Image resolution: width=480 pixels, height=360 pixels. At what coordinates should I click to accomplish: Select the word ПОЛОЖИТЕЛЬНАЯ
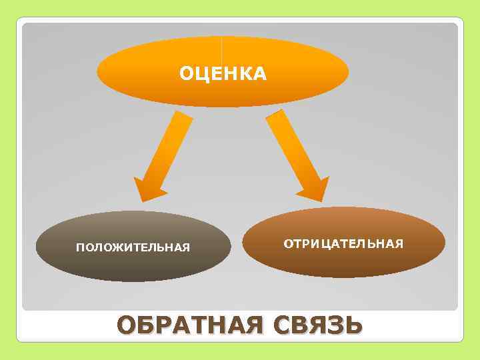pyautogui.click(x=133, y=249)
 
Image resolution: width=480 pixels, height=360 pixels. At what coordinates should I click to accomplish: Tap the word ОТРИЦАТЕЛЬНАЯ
pyautogui.click(x=343, y=243)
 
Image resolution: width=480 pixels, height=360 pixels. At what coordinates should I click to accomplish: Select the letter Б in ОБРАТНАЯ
pyautogui.click(x=148, y=327)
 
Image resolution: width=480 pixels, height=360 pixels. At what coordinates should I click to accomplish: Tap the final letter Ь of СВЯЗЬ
pyautogui.click(x=353, y=327)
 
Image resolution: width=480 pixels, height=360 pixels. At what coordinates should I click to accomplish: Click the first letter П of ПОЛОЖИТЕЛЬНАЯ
pyautogui.click(x=80, y=249)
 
